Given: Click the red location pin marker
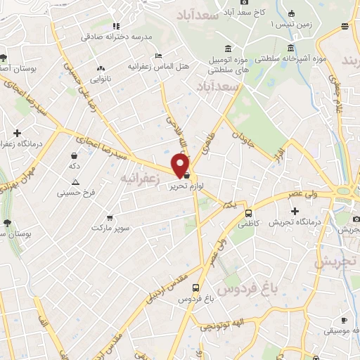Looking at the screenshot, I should click(181, 165).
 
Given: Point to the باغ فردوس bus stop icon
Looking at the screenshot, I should click(196, 287).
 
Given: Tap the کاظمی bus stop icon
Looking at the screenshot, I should click(248, 213).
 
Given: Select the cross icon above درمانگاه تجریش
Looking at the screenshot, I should click(295, 210).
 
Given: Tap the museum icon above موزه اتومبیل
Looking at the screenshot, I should click(227, 49).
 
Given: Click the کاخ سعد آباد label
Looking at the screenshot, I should click(249, 12).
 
